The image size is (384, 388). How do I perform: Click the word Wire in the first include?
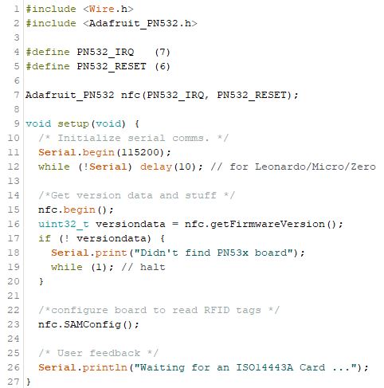(x=102, y=9)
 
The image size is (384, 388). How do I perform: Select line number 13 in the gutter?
(x=14, y=181)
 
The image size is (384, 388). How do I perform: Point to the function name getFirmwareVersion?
(x=268, y=224)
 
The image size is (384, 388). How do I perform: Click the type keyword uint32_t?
(x=64, y=224)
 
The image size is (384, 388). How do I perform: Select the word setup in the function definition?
(x=73, y=124)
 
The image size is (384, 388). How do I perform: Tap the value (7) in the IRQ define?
(x=163, y=52)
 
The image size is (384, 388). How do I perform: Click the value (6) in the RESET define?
(x=163, y=66)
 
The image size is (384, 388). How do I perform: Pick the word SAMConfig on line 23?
(x=92, y=324)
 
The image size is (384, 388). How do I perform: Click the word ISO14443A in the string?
(x=264, y=367)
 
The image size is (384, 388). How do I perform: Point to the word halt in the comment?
(x=153, y=267)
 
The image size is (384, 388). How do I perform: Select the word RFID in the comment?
(x=217, y=310)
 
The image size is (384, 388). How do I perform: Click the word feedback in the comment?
(x=115, y=353)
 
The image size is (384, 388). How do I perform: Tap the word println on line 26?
(x=105, y=367)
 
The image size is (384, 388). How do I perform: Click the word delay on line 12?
(x=156, y=167)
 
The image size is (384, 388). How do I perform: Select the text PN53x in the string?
(x=233, y=253)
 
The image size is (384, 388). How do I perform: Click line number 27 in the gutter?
(x=14, y=382)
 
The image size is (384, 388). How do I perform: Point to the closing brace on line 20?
(x=41, y=281)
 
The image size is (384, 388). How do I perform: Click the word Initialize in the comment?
(x=89, y=138)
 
